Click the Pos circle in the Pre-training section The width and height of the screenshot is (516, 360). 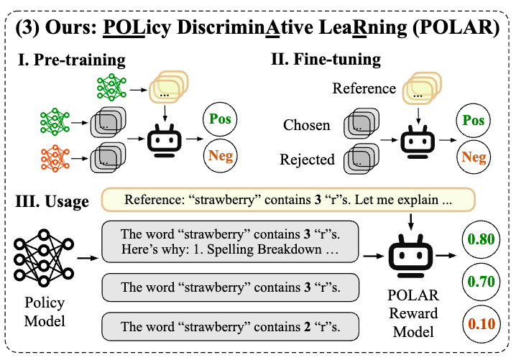[219, 120]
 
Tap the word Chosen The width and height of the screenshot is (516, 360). [306, 125]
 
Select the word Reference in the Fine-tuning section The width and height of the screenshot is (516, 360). [364, 89]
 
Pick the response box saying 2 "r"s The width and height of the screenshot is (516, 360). [229, 326]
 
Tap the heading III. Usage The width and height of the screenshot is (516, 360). [52, 202]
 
